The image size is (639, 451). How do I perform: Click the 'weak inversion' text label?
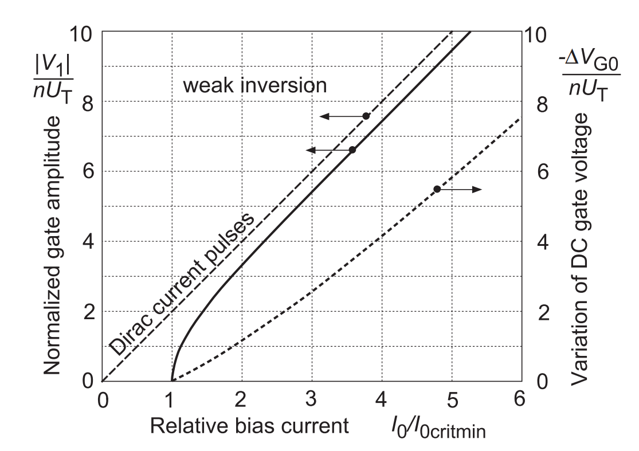pyautogui.click(x=254, y=86)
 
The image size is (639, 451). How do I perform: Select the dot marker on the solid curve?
pyautogui.click(x=352, y=150)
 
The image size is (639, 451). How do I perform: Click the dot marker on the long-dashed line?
pyautogui.click(x=366, y=116)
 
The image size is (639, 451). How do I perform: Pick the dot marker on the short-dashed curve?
pyautogui.click(x=437, y=189)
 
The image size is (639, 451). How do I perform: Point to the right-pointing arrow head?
pyautogui.click(x=477, y=189)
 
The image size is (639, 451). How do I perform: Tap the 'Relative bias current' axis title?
pyautogui.click(x=249, y=426)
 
